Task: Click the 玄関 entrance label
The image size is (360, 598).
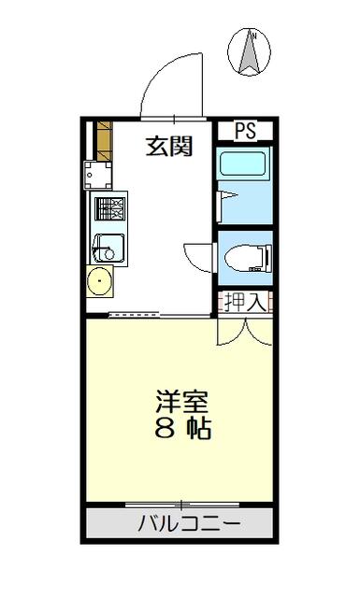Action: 169,146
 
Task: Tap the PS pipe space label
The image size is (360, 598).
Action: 245,131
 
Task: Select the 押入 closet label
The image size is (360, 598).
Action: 245,303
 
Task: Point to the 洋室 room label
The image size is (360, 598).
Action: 181,401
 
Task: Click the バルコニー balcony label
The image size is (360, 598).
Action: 189,523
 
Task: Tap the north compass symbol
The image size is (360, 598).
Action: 250,52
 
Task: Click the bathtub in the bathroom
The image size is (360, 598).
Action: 242,164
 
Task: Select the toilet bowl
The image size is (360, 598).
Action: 248,258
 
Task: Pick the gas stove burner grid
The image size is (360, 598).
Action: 110,208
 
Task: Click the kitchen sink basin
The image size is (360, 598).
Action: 108,248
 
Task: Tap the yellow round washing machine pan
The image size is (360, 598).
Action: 100,281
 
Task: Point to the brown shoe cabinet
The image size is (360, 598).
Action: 105,141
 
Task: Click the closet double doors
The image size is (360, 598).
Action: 245,333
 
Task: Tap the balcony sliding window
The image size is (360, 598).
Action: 182,505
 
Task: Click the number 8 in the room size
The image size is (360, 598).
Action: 166,430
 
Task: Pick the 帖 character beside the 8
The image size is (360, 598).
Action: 199,430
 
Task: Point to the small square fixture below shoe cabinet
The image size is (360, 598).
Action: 98,176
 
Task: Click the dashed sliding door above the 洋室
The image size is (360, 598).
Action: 134,315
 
